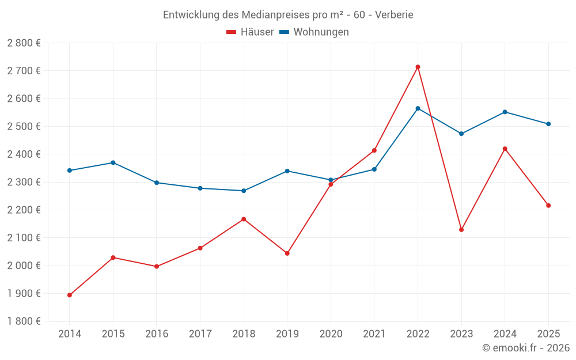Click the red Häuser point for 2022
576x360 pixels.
(418, 67)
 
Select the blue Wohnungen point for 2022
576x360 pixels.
(418, 108)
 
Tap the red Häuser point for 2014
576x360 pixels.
(70, 295)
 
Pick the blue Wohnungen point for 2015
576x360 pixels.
(113, 162)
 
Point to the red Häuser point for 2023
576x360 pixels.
(461, 230)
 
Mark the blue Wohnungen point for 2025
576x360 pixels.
(548, 124)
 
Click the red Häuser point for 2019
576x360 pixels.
(287, 253)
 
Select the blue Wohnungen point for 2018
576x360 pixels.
(244, 191)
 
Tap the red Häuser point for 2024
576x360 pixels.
(505, 149)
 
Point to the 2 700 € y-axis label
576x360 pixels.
(24, 71)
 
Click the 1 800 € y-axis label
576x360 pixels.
(24, 321)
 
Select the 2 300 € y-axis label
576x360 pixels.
(24, 182)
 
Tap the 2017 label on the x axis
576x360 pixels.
(200, 334)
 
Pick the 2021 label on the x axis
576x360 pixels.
(374, 334)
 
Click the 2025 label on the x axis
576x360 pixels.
(548, 334)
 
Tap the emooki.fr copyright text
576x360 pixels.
(526, 348)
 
